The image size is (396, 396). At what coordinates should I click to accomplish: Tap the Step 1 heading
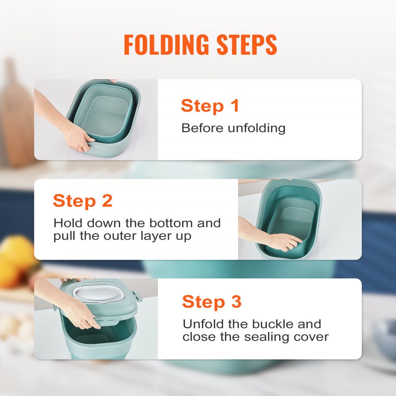pyautogui.click(x=210, y=106)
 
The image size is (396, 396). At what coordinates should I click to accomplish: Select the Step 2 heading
pyautogui.click(x=83, y=201)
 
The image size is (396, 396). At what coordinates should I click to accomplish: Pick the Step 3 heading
pyautogui.click(x=211, y=302)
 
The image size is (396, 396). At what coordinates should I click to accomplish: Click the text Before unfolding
pyautogui.click(x=233, y=128)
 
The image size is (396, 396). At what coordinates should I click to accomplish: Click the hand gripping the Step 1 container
pyautogui.click(x=78, y=139)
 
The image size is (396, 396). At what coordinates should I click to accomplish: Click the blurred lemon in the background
pyautogui.click(x=16, y=253)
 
